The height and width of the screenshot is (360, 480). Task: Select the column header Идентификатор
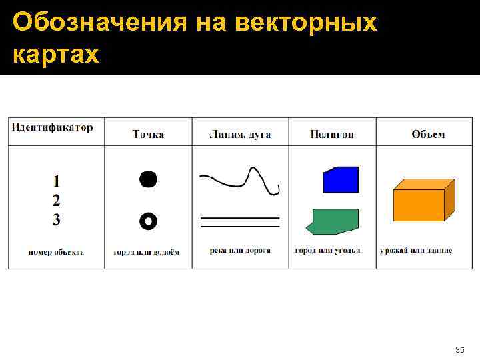point(51,127)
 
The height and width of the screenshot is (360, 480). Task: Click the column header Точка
point(148,135)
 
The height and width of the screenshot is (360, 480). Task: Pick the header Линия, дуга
point(240,135)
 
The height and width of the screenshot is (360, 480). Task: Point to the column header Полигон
point(332,135)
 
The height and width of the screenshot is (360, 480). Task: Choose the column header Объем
point(428,135)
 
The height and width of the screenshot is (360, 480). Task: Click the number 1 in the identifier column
point(57,180)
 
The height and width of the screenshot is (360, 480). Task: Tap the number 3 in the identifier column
point(57,220)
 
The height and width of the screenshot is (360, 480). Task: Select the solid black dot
point(148,179)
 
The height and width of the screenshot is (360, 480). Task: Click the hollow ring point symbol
point(148,221)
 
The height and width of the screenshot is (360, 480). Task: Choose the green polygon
point(333,221)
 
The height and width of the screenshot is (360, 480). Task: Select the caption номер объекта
point(56,251)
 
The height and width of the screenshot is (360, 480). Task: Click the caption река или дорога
point(240,251)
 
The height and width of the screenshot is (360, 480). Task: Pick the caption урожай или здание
point(416,251)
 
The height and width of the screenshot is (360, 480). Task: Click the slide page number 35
point(459,349)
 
